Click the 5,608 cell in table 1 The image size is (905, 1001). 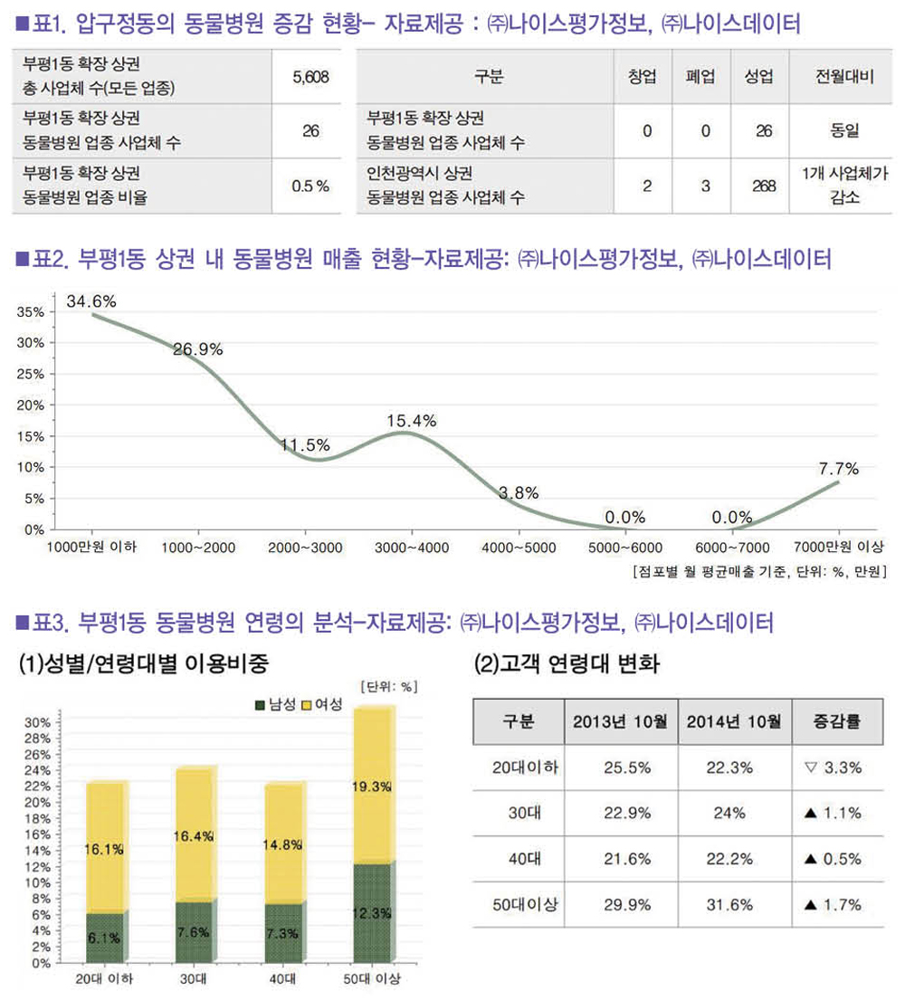[310, 77]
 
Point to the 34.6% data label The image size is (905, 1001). [91, 300]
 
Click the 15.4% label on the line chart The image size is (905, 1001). [411, 420]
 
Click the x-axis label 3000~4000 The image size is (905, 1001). [412, 548]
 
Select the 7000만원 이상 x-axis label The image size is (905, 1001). [838, 548]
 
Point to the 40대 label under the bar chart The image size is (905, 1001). [282, 980]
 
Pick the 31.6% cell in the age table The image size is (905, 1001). [734, 904]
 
